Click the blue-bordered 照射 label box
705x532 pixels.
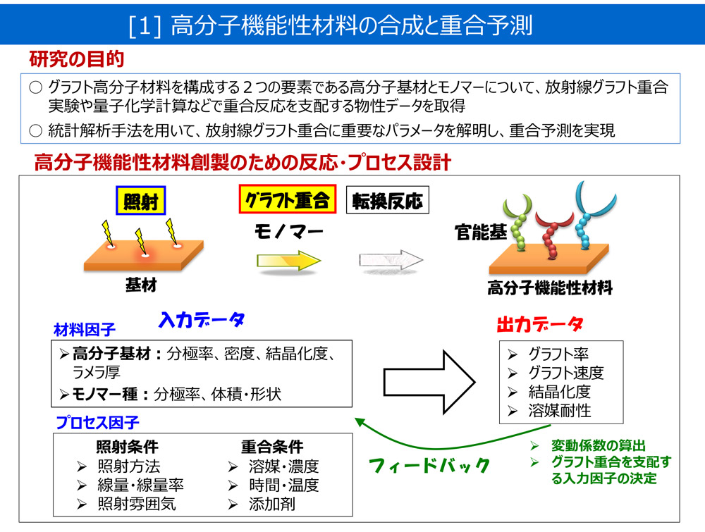[140, 202]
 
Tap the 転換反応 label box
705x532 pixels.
[387, 202]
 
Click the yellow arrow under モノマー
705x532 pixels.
[288, 261]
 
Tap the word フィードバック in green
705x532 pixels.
[429, 465]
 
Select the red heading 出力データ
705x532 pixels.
[540, 325]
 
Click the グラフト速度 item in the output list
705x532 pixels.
[565, 373]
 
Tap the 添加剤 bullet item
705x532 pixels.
[271, 504]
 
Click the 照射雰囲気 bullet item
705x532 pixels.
[136, 504]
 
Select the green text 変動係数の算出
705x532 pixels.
[598, 446]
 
